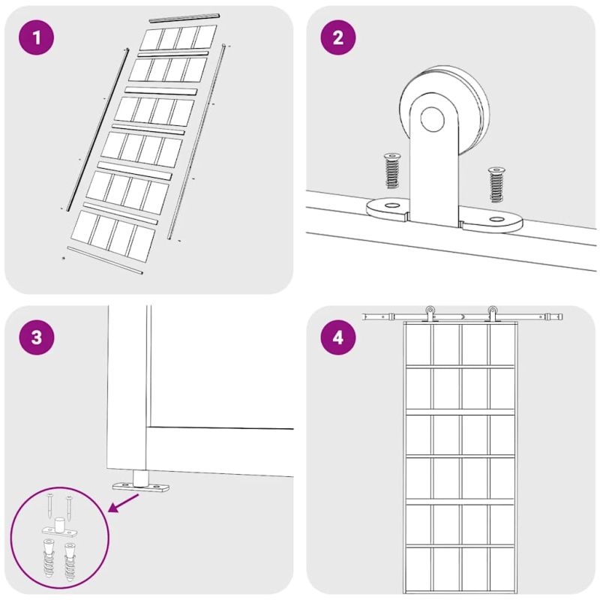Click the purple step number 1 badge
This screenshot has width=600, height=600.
click(x=36, y=37)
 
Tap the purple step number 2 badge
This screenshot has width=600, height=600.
click(x=338, y=37)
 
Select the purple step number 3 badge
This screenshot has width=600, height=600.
click(x=37, y=337)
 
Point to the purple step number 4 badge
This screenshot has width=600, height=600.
click(x=338, y=337)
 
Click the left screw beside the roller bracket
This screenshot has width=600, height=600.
click(x=391, y=170)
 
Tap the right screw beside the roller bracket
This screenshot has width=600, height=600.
click(x=496, y=184)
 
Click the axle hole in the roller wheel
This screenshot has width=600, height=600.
click(x=433, y=118)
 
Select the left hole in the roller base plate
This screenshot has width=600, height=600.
click(x=391, y=205)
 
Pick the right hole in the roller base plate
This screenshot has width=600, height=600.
click(x=496, y=219)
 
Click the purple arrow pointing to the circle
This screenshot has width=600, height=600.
click(x=124, y=502)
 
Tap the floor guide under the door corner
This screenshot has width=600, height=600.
click(x=141, y=483)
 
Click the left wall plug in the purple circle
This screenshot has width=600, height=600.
click(x=49, y=558)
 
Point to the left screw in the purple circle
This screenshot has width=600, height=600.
click(x=50, y=505)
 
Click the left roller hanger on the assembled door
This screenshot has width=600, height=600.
click(x=430, y=313)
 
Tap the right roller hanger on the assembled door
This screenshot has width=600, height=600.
click(x=492, y=313)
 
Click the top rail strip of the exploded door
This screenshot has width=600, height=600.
click(x=184, y=17)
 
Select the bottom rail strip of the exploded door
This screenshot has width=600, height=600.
click(x=105, y=260)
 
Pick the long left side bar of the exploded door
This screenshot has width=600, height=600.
click(x=98, y=129)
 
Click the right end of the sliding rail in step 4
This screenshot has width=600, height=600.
click(x=562, y=316)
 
